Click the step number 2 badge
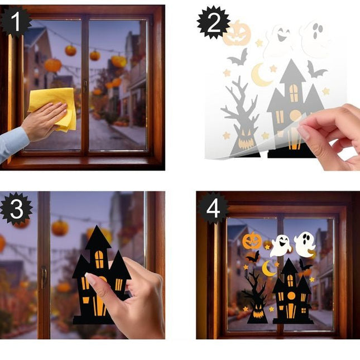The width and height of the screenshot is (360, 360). pos(213,22)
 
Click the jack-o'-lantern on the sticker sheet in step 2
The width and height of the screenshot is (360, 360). pos(237,33)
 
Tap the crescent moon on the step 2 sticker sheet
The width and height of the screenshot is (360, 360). pos(261,75)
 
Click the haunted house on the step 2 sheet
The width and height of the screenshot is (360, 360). pos(294,109)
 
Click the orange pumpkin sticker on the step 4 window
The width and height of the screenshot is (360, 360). pos(252,241)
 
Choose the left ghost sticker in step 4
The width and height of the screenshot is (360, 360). pos(281,246)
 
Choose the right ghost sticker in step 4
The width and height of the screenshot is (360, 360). pos(305,243)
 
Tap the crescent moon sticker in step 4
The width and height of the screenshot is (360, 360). pos(268,268)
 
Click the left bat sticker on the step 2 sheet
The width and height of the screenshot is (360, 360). pos(238,57)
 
